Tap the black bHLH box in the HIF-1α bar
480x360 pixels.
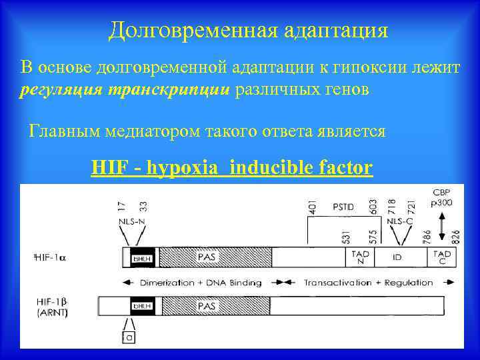[142, 257]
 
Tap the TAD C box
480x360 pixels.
[442, 257]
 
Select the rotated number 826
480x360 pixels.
[456, 236]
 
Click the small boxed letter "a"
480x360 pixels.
[127, 338]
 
